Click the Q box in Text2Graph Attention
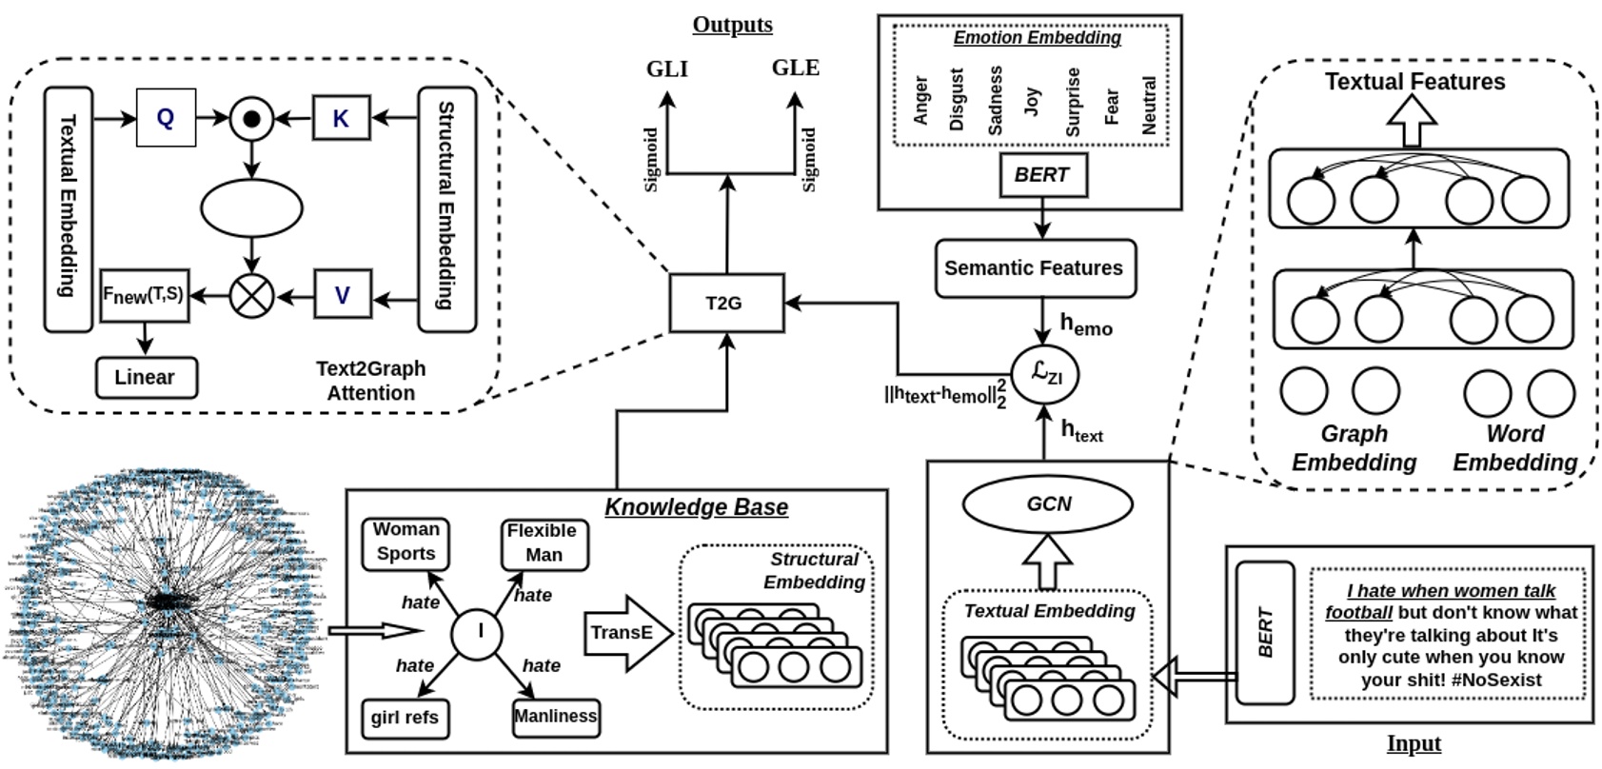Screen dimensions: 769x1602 (x=166, y=118)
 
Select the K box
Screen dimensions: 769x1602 (x=341, y=118)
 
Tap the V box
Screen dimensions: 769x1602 (x=342, y=295)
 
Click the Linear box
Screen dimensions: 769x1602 (x=146, y=377)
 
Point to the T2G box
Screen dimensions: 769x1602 (x=726, y=304)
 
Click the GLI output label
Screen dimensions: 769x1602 (x=666, y=69)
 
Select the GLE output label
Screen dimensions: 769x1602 (x=795, y=69)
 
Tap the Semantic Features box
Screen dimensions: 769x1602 (x=1035, y=268)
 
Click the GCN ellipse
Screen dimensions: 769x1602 (x=1048, y=503)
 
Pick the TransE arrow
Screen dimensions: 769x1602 (x=624, y=633)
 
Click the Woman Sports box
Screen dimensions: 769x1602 (x=405, y=542)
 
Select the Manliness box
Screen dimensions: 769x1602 (x=556, y=717)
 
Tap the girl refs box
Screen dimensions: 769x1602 (x=405, y=718)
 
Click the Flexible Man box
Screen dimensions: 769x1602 (x=543, y=542)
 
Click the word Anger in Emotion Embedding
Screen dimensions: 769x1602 (x=920, y=101)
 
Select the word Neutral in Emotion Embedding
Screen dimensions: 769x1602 (x=1148, y=105)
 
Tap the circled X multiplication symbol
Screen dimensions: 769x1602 (x=251, y=295)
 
